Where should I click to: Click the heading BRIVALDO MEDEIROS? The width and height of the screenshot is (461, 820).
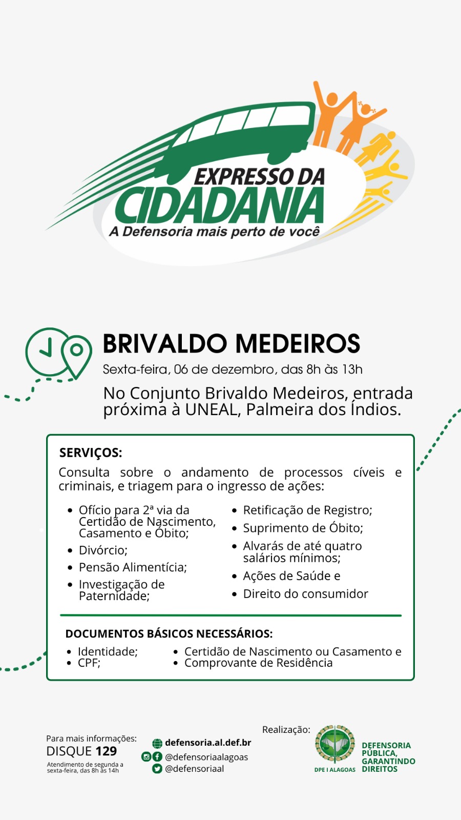[231, 343]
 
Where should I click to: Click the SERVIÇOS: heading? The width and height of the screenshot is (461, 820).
[91, 453]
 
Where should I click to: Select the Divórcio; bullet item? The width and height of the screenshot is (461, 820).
[103, 550]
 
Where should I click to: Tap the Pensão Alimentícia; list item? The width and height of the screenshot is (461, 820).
[133, 567]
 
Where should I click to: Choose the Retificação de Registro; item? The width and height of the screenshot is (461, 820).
[308, 510]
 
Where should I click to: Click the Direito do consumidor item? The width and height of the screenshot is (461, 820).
[305, 594]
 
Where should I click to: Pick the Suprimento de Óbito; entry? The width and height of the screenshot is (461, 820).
[303, 528]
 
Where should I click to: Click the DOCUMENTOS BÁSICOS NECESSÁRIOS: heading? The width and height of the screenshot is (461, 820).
[169, 633]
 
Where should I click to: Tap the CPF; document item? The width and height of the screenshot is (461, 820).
[89, 663]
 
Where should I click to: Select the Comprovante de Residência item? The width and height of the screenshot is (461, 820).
[258, 663]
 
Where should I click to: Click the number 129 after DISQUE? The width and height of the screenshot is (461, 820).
[106, 751]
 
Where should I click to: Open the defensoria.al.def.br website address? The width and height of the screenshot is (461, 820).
[208, 743]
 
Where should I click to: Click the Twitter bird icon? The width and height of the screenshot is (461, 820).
[157, 769]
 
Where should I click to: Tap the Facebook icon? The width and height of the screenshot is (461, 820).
[157, 756]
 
